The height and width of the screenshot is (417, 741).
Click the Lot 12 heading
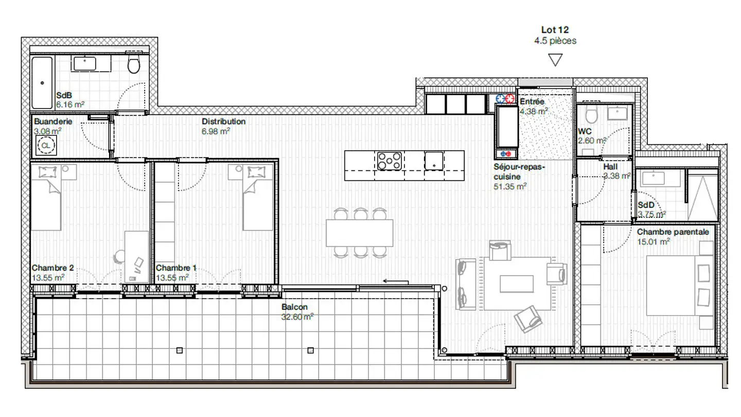555,30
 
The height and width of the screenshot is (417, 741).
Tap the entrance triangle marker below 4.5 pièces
555,60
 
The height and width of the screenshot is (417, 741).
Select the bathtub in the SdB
42,82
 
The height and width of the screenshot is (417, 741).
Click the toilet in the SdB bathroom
134,65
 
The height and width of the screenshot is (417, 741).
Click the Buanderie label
53,121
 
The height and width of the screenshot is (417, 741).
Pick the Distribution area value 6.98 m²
216,131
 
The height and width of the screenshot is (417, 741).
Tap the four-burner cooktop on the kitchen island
389,161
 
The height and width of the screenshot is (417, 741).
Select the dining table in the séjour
360,233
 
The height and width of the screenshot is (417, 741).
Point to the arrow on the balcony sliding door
395,282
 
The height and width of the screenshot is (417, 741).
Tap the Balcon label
294,307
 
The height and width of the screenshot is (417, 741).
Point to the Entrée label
532,101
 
